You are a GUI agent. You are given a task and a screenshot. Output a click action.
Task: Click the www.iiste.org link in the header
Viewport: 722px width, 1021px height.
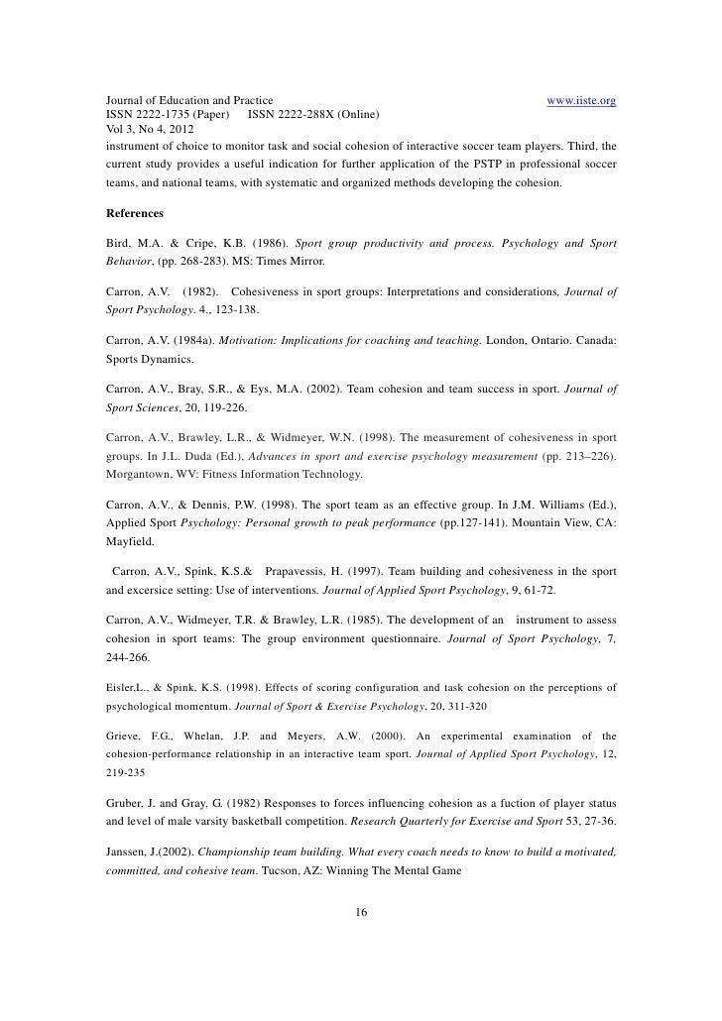(582, 101)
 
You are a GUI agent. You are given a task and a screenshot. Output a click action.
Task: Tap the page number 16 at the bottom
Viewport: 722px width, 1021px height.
(361, 912)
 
